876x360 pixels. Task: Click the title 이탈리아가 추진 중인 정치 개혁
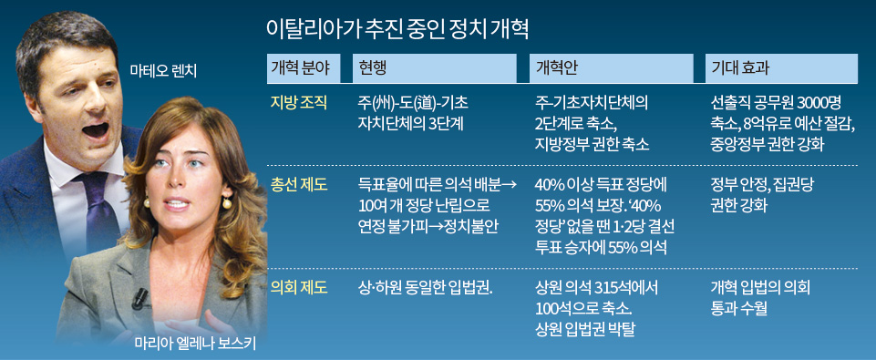point(397,29)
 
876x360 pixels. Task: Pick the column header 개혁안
point(552,68)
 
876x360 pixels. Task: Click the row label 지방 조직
point(297,103)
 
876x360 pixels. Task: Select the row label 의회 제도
point(297,288)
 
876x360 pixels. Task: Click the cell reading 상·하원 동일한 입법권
point(425,288)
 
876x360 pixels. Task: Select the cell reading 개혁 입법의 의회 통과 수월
point(760,299)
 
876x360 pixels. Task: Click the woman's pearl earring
point(227,203)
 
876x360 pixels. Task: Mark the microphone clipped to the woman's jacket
point(139,299)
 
